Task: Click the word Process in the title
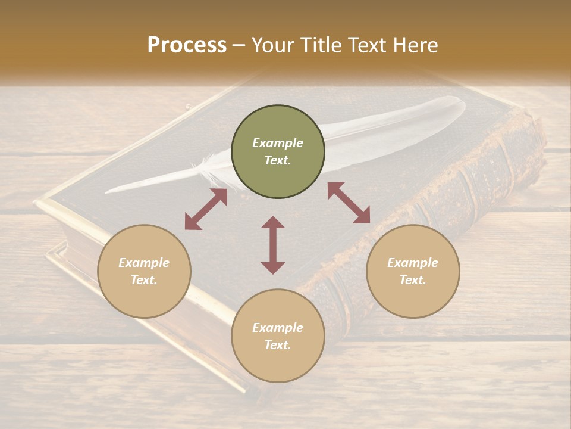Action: [x=187, y=45]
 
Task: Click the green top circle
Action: [x=278, y=152]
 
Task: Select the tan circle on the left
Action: [x=144, y=271]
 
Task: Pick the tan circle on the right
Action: [x=413, y=271]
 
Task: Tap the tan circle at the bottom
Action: [x=278, y=336]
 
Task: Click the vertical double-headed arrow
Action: [x=273, y=245]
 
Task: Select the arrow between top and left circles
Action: [x=206, y=209]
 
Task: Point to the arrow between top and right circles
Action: [x=349, y=203]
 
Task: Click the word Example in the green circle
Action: [x=278, y=143]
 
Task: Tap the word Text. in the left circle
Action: [x=144, y=280]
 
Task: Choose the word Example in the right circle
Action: [x=413, y=263]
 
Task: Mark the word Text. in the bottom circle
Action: [x=278, y=345]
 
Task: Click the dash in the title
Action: [x=239, y=46]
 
